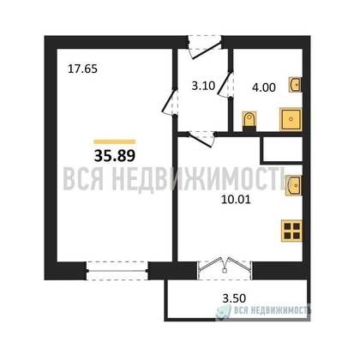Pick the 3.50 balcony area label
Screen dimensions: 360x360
224,298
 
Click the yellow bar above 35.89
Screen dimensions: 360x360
114,141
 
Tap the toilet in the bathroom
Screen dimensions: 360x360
250,120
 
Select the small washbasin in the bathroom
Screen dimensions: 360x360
296,85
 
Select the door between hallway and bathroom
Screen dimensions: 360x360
227,88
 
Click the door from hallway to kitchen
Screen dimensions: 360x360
201,136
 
